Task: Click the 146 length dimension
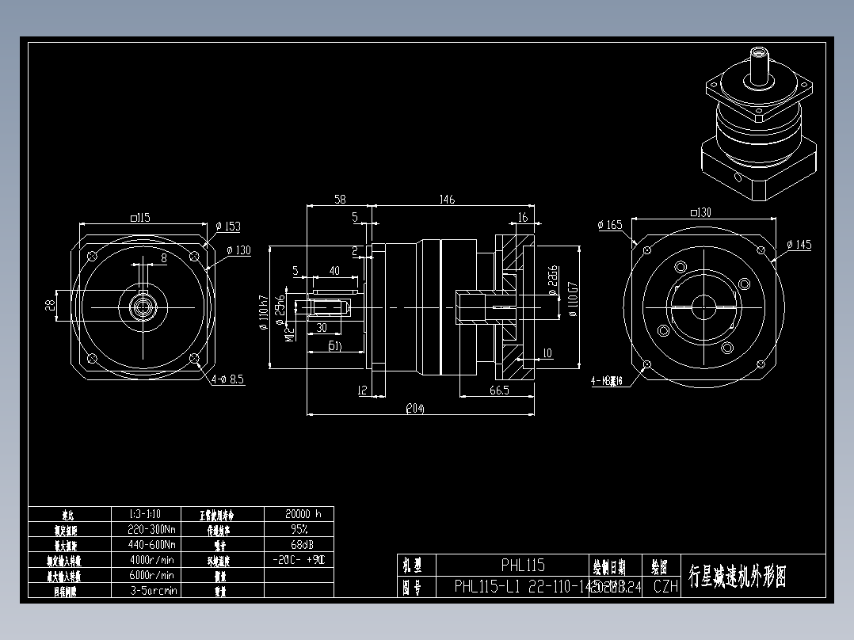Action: tap(447, 200)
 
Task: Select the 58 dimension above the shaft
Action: tap(340, 200)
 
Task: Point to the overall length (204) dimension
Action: tap(415, 409)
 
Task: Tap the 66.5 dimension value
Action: tap(499, 390)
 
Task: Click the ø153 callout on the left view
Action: tap(228, 227)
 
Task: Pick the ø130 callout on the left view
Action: tap(238, 250)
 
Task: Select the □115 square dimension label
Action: tap(140, 217)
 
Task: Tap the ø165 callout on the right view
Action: tap(611, 225)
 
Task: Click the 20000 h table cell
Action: tap(298, 513)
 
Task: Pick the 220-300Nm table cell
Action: tap(152, 529)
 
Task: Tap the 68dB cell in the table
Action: tap(298, 544)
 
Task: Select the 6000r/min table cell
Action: tap(152, 575)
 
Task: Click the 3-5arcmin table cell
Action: tap(152, 590)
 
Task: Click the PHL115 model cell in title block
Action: tap(523, 566)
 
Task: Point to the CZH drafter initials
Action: tap(665, 587)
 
